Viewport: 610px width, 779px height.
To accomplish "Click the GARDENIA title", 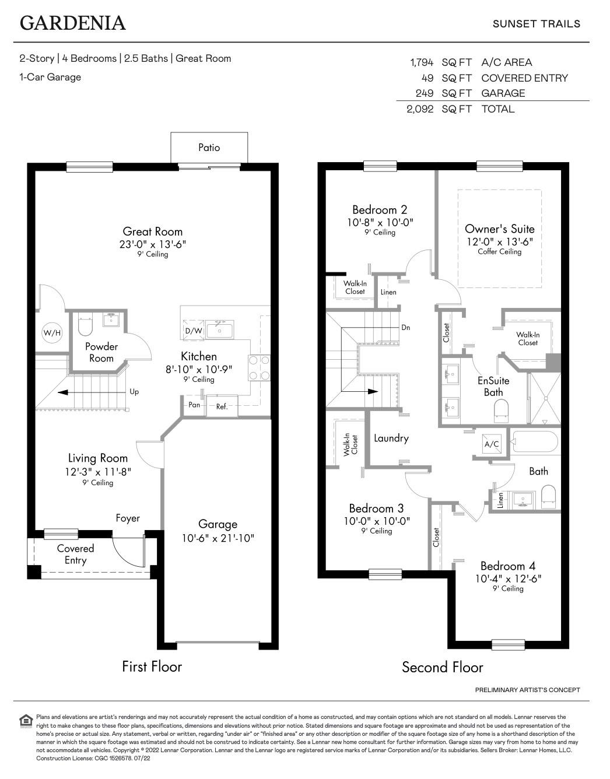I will point(73,23).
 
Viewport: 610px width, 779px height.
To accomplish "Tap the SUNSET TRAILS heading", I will point(536,24).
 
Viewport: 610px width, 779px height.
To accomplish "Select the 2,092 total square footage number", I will point(420,109).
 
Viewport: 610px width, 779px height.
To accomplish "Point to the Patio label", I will point(209,148).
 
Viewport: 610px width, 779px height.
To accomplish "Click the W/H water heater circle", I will point(52,334).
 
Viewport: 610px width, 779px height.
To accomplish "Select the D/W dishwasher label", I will point(193,331).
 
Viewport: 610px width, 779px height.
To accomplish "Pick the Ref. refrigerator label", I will point(222,406).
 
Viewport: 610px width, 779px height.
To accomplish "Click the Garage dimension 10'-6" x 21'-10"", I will point(218,538).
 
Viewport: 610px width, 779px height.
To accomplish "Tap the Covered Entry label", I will point(75,555).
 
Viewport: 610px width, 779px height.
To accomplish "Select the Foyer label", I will point(128,518).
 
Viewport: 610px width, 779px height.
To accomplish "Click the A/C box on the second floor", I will point(492,444).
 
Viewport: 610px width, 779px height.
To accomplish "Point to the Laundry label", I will point(391,438).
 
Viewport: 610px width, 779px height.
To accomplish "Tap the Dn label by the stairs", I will point(405,328).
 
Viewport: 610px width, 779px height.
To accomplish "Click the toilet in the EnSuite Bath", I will point(500,414).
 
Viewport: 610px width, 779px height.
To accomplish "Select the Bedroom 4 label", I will point(507,566).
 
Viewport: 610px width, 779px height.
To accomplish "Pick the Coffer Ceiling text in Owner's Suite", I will point(499,252).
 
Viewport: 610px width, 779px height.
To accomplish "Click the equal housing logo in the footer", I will point(26,721).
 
